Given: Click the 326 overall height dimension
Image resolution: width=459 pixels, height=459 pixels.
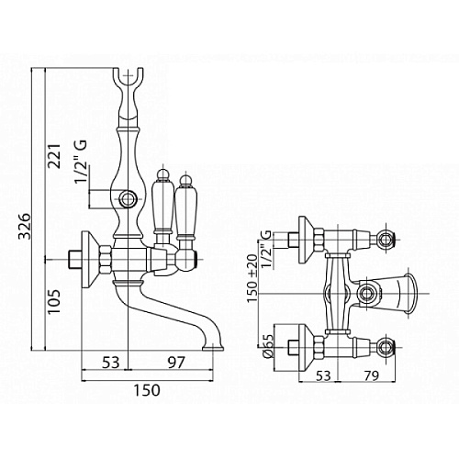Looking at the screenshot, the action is pyautogui.click(x=25, y=226).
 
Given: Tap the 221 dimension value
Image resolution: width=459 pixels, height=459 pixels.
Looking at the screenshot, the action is pyautogui.click(x=55, y=156).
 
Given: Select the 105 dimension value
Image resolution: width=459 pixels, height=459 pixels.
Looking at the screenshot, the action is pyautogui.click(x=55, y=301).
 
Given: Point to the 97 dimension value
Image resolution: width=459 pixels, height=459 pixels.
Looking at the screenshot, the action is pyautogui.click(x=176, y=363).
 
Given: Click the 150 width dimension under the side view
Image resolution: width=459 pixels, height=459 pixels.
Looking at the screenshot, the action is pyautogui.click(x=147, y=390).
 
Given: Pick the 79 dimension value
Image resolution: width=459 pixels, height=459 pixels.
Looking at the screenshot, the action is pyautogui.click(x=371, y=375).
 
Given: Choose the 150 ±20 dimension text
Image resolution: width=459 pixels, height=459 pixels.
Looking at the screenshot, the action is pyautogui.click(x=252, y=278).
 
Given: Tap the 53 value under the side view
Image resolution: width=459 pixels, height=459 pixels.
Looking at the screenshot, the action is pyautogui.click(x=110, y=363).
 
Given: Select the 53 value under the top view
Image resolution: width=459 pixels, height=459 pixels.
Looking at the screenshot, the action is pyautogui.click(x=323, y=375).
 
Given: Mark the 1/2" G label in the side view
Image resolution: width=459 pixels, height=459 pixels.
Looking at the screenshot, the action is pyautogui.click(x=81, y=162).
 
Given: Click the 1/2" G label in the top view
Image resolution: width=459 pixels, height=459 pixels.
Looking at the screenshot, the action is pyautogui.click(x=266, y=250).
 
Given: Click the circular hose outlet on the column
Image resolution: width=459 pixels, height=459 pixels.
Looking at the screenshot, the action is pyautogui.click(x=128, y=199).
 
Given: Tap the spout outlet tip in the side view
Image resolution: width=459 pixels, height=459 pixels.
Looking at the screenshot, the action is pyautogui.click(x=213, y=348).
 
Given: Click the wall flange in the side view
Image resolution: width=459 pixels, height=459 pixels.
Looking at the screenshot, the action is pyautogui.click(x=90, y=260).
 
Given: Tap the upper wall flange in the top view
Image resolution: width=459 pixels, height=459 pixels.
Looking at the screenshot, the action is pyautogui.click(x=306, y=240).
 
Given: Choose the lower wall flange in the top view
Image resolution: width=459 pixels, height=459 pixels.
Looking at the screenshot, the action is pyautogui.click(x=306, y=347).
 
